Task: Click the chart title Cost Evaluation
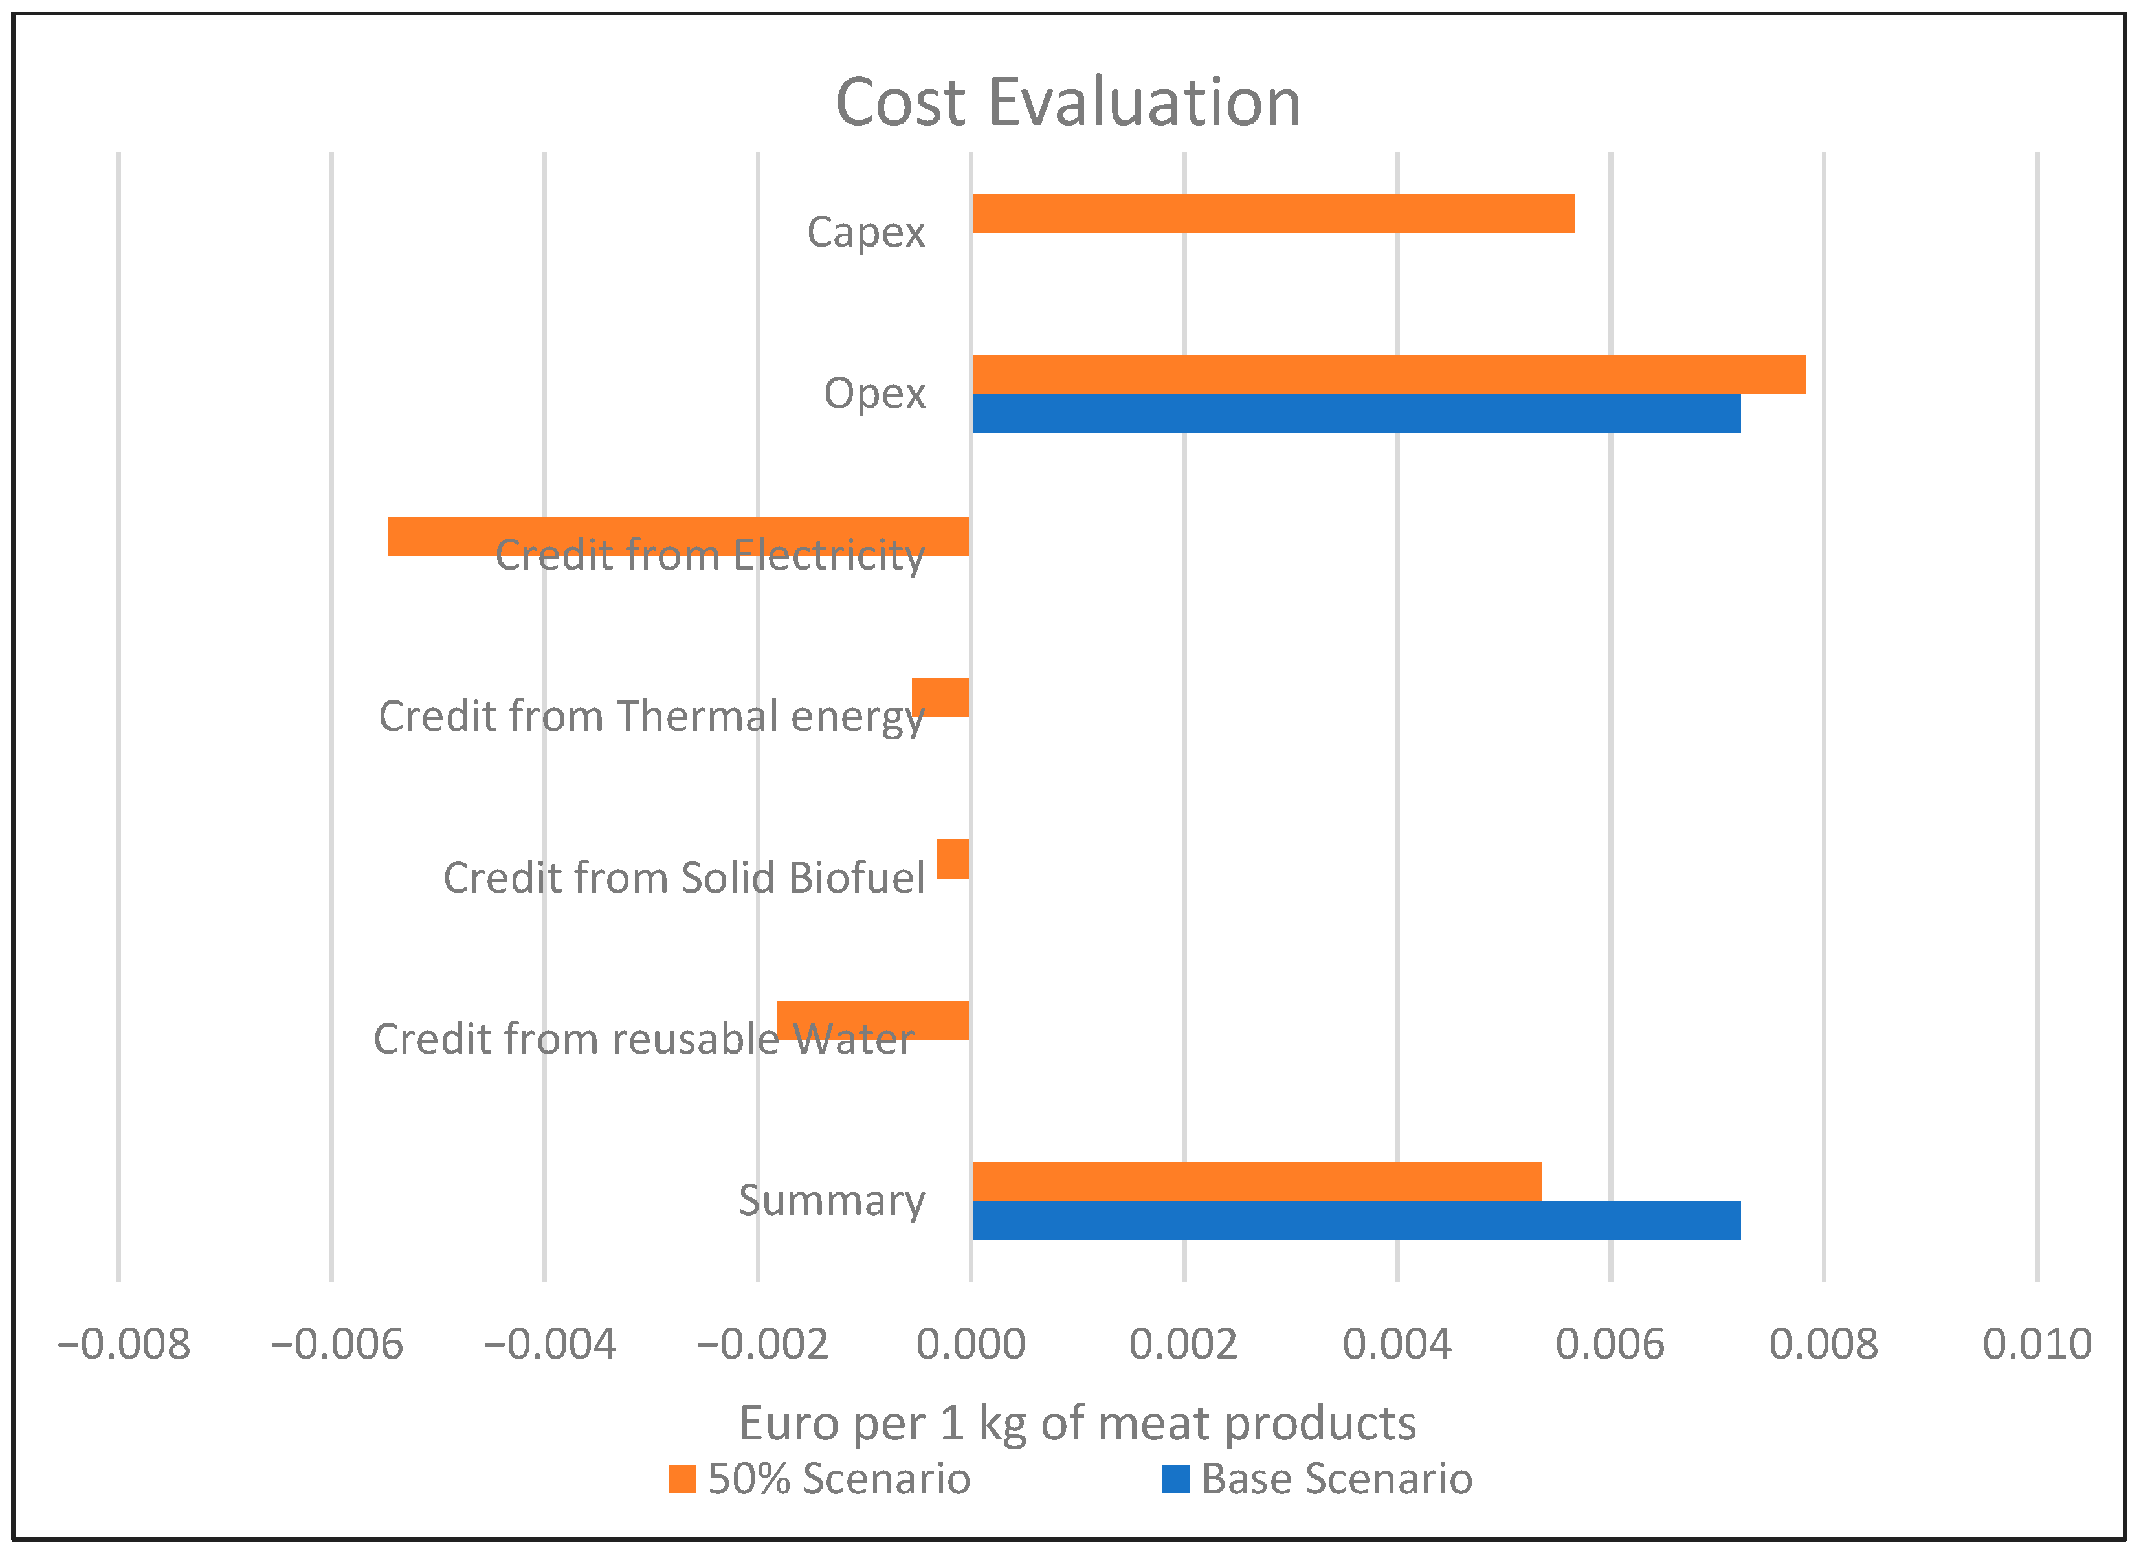pyautogui.click(x=1068, y=102)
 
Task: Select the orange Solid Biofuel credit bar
pyautogui.click(x=953, y=858)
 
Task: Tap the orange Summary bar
pyautogui.click(x=1256, y=1181)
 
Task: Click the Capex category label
pyautogui.click(x=865, y=232)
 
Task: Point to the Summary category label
pyautogui.click(x=831, y=1201)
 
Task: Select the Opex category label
pyautogui.click(x=874, y=394)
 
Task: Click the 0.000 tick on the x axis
pyautogui.click(x=970, y=1344)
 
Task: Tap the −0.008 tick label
pyautogui.click(x=123, y=1344)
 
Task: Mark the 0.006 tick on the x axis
pyautogui.click(x=1610, y=1344)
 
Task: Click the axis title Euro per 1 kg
pyautogui.click(x=1077, y=1423)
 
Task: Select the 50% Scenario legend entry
pyautogui.click(x=819, y=1478)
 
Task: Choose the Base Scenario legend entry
pyautogui.click(x=1317, y=1478)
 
